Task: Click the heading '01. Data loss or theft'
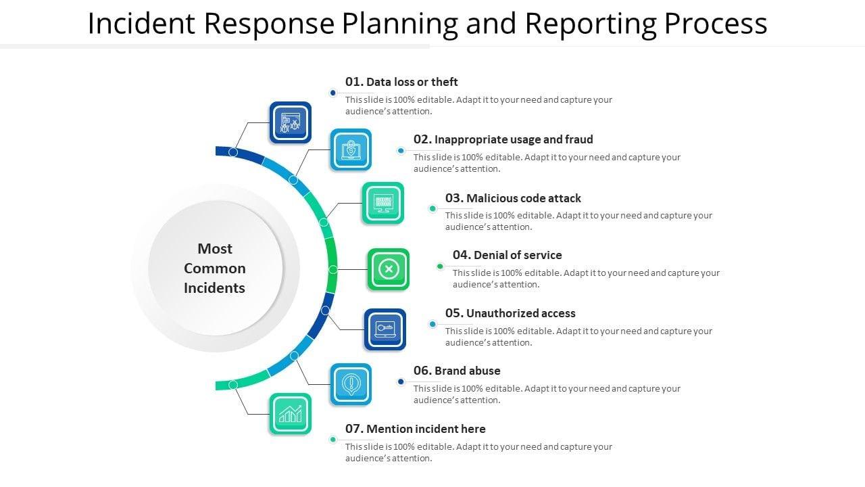pos(401,82)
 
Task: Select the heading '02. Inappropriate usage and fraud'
pos(503,139)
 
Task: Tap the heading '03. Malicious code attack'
pos(513,198)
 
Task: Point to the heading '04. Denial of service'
pos(507,255)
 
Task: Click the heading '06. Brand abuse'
pos(457,371)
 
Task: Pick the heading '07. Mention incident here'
pos(415,429)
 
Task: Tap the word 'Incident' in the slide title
pos(141,23)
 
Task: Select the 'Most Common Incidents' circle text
pos(215,268)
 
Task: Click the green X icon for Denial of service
pos(388,269)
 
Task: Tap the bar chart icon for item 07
pos(291,413)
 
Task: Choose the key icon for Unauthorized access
pos(385,329)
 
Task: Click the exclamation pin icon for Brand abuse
pos(351,384)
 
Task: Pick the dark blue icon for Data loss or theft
pos(291,122)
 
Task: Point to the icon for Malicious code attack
pos(383,203)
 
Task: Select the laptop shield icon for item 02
pos(351,149)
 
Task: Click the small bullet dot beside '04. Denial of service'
pos(440,266)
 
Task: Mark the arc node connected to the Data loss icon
pos(233,152)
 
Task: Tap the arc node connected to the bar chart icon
pos(233,384)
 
